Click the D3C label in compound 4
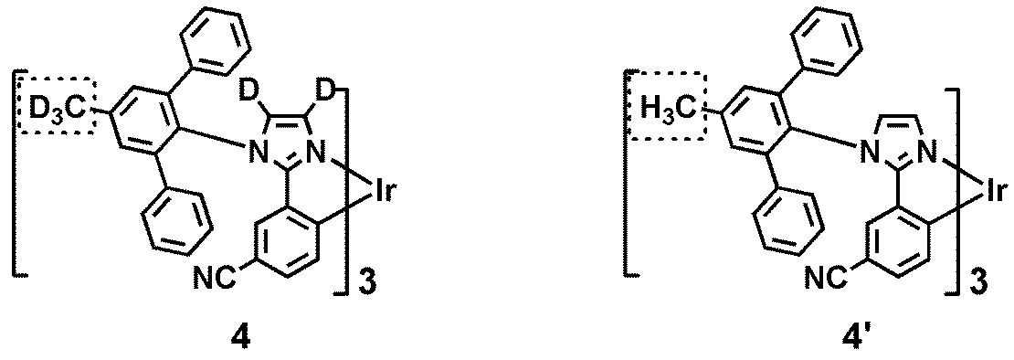coord(56,111)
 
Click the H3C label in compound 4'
coord(665,111)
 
